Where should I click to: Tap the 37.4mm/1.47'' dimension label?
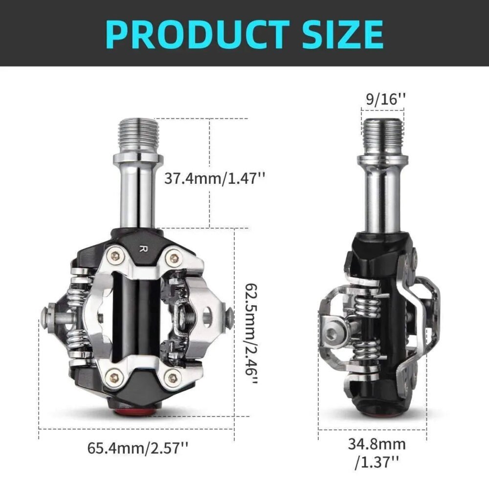(214, 178)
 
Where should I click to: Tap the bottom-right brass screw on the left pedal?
(172, 376)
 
